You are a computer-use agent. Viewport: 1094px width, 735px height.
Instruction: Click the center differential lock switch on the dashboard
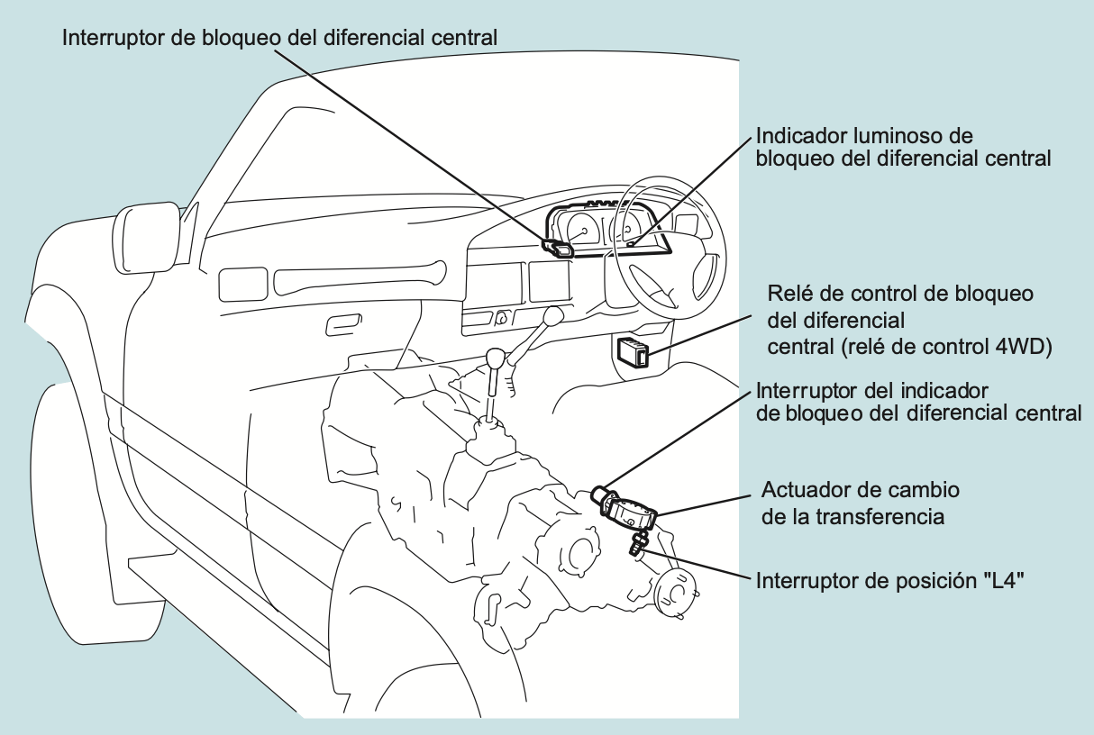point(559,248)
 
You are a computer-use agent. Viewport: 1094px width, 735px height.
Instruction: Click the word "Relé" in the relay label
point(787,295)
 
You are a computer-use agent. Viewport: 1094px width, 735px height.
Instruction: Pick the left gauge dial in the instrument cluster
point(580,231)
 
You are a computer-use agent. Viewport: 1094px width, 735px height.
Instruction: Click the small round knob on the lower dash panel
point(500,316)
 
